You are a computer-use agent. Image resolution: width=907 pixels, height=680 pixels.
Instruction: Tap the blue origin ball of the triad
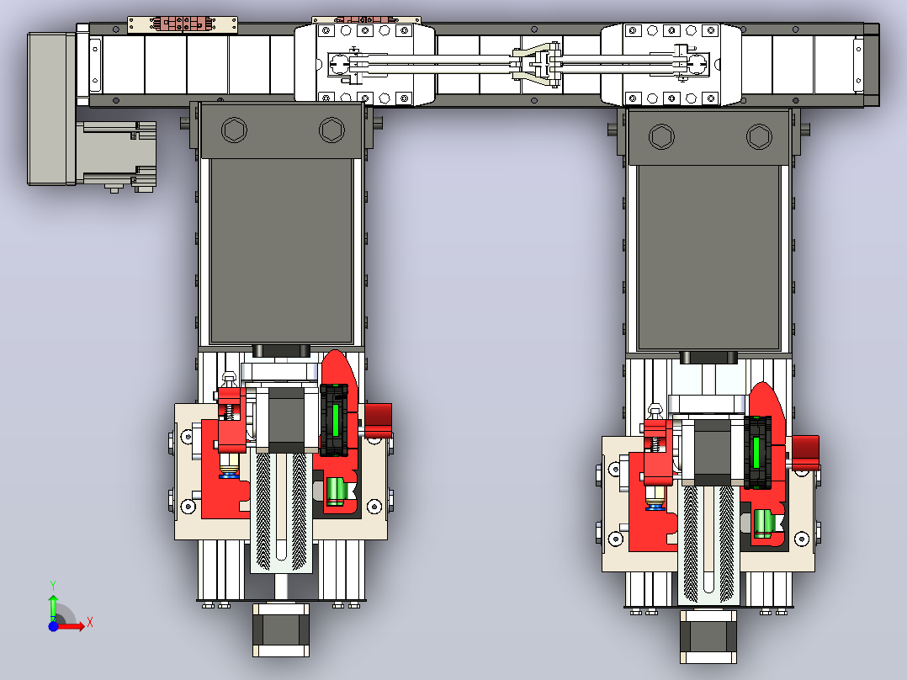(x=53, y=626)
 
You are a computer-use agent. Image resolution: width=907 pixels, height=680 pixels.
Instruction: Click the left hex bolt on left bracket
(x=234, y=130)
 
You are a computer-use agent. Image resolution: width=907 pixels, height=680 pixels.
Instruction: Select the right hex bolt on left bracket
(x=332, y=130)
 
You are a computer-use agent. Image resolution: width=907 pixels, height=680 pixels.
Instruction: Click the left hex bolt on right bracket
(x=661, y=137)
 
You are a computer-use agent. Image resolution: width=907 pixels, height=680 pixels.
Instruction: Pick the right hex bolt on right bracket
(x=760, y=137)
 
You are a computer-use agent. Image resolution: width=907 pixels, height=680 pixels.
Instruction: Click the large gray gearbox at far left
(x=52, y=109)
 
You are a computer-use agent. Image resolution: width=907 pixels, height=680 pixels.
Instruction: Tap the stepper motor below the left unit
(x=281, y=630)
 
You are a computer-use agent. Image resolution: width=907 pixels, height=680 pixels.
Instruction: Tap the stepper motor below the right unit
(x=708, y=635)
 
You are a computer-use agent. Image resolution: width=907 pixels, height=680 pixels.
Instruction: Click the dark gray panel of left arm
(x=282, y=251)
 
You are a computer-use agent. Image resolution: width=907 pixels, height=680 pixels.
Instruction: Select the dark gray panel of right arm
(x=708, y=258)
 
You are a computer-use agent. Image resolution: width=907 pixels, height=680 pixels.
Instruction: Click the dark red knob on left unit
(x=379, y=420)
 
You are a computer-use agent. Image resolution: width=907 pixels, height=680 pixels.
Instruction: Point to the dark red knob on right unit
(x=805, y=453)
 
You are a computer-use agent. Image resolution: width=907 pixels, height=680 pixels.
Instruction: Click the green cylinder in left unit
(x=336, y=491)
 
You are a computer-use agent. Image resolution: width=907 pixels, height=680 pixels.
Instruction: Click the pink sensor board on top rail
(x=182, y=24)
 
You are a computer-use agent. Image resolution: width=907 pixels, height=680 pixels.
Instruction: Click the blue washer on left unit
(x=229, y=475)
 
